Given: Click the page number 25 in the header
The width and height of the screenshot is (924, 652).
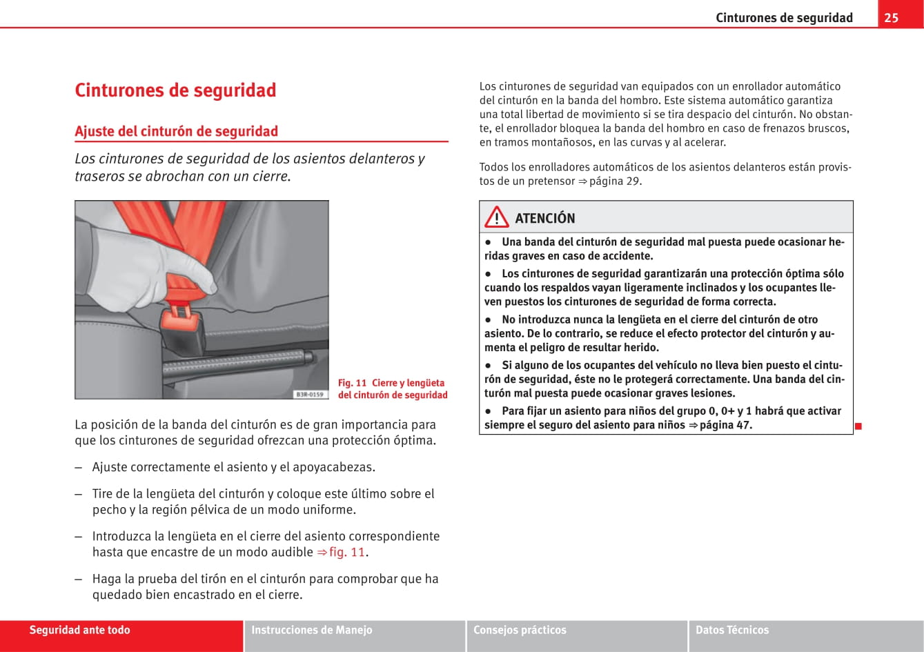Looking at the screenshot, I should pyautogui.click(x=892, y=17).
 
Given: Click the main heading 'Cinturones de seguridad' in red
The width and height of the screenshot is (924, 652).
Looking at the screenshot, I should pyautogui.click(x=175, y=90).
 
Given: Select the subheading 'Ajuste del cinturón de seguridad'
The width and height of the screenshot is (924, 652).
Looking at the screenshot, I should pyautogui.click(x=176, y=131).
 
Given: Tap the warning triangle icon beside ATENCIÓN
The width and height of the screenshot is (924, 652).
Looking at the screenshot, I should pyautogui.click(x=496, y=218).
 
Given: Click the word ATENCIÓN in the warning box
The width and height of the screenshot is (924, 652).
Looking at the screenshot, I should pyautogui.click(x=544, y=219).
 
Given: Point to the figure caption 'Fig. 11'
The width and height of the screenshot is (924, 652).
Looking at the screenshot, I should pyautogui.click(x=352, y=383).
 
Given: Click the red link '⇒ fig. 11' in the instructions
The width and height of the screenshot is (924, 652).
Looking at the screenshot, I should pyautogui.click(x=341, y=552).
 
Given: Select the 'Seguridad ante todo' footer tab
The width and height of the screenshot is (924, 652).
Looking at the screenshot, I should pyautogui.click(x=79, y=630).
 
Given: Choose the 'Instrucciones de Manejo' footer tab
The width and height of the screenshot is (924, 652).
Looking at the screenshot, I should pyautogui.click(x=311, y=630).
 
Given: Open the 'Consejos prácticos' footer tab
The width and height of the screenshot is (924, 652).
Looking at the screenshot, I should pyautogui.click(x=520, y=630).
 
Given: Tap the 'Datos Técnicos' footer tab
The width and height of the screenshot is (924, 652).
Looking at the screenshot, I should pyautogui.click(x=731, y=630).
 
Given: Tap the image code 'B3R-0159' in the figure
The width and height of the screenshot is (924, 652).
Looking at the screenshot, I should pyautogui.click(x=310, y=394).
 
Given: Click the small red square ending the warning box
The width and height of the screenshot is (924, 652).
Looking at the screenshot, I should pyautogui.click(x=858, y=426).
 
